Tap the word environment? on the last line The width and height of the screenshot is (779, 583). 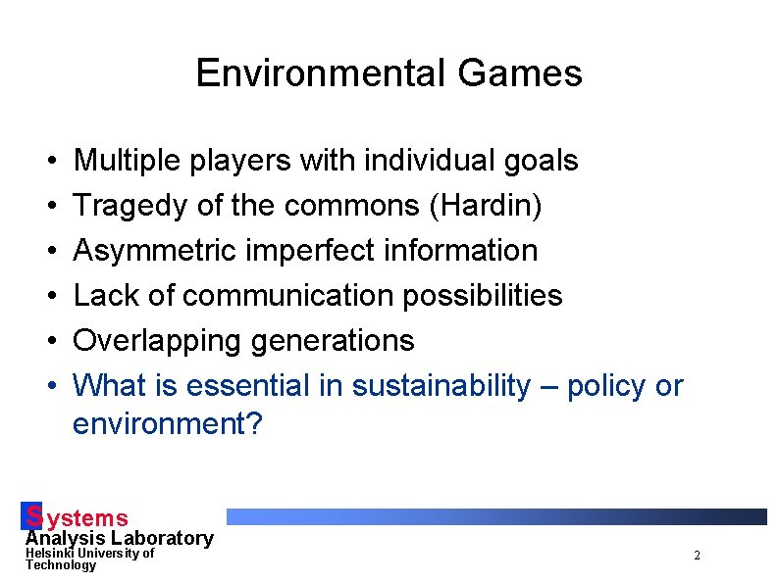(x=168, y=425)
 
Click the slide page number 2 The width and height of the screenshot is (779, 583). (x=697, y=556)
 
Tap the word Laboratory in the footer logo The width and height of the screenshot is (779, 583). (x=162, y=538)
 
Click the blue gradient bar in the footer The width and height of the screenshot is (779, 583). (x=495, y=516)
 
